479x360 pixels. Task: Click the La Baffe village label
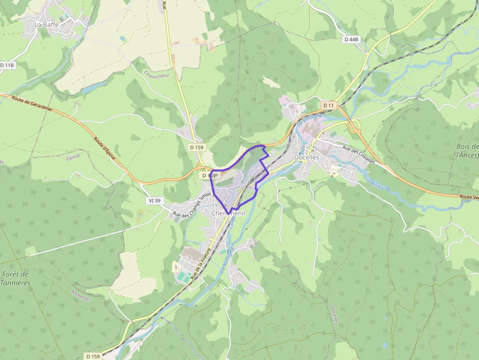47,24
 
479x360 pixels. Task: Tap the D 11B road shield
8,65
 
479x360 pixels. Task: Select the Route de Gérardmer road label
32,103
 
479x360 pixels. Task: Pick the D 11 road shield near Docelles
328,106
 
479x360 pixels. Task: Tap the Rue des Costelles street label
358,155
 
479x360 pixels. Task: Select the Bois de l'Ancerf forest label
467,150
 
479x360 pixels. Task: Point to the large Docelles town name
306,157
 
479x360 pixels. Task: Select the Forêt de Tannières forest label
16,278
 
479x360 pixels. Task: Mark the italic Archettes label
81,296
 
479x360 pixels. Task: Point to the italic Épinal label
72,158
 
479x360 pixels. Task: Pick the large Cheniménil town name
228,214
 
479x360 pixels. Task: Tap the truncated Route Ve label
469,196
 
